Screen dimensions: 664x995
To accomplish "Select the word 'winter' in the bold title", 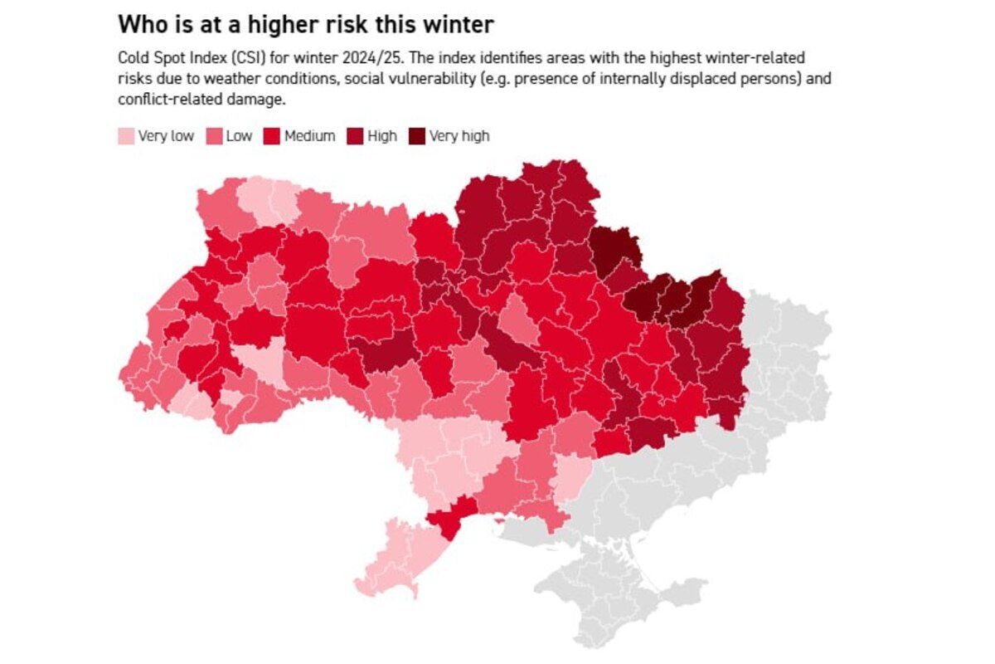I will tap(459, 25).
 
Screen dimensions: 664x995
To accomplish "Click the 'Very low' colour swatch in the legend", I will tap(126, 136).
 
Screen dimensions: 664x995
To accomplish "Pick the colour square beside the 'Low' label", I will tap(214, 136).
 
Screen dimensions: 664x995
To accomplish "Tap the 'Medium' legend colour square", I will tap(272, 136).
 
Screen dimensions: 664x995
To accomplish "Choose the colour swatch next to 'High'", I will tap(355, 136).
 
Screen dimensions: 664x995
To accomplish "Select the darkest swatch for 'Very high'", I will tap(416, 136).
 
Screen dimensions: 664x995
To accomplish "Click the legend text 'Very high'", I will tap(459, 136).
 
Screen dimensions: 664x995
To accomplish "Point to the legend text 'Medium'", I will tap(309, 136).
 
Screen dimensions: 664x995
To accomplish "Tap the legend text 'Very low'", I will tap(166, 136).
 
